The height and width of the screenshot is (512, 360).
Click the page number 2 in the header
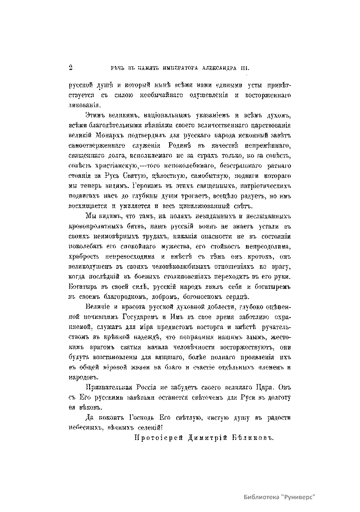(x=71, y=68)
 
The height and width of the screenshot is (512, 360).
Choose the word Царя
(x=266, y=387)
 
